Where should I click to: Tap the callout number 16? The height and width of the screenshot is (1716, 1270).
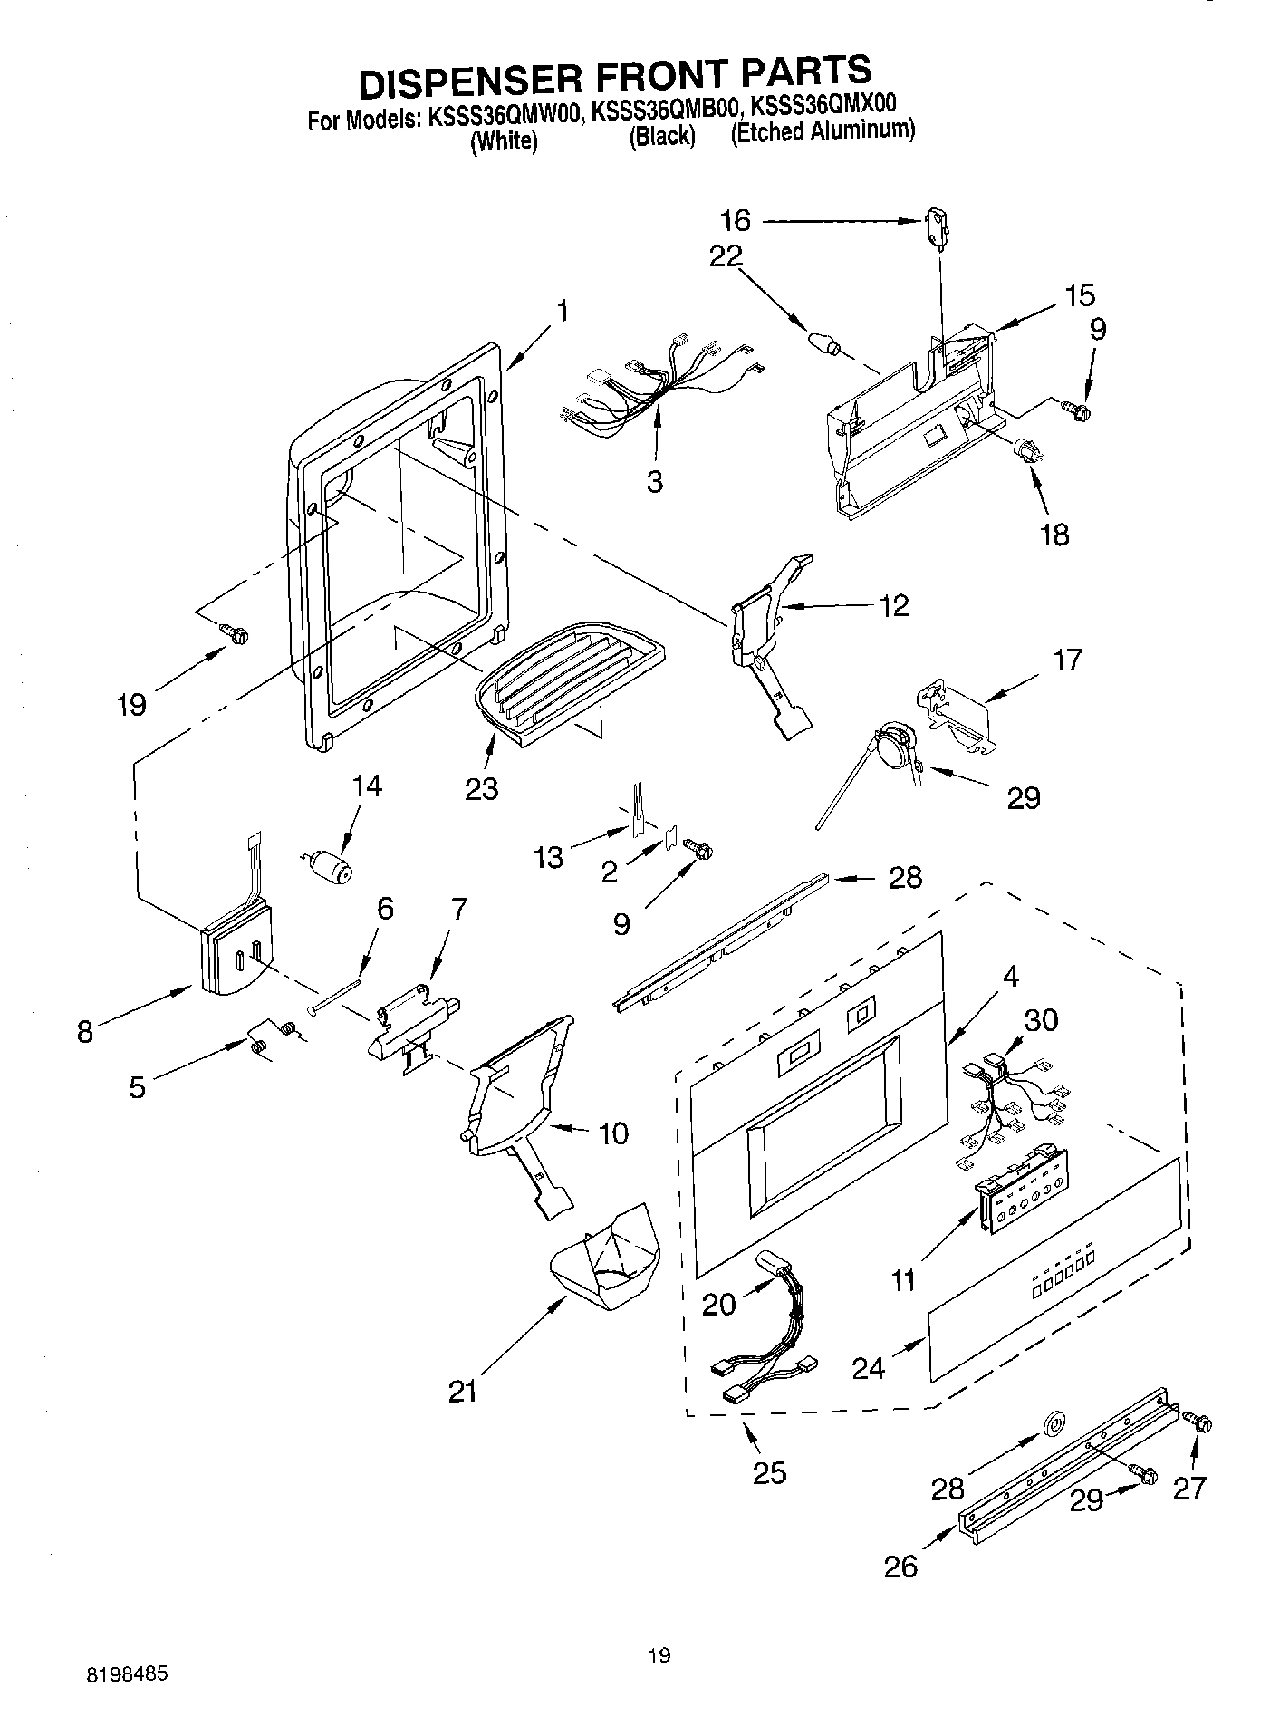click(736, 220)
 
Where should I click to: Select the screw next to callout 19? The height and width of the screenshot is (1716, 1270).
click(236, 633)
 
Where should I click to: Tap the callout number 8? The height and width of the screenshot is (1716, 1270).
click(85, 1031)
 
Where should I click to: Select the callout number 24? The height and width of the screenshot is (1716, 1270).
click(868, 1365)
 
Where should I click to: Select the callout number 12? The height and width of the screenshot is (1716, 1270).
click(893, 605)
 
